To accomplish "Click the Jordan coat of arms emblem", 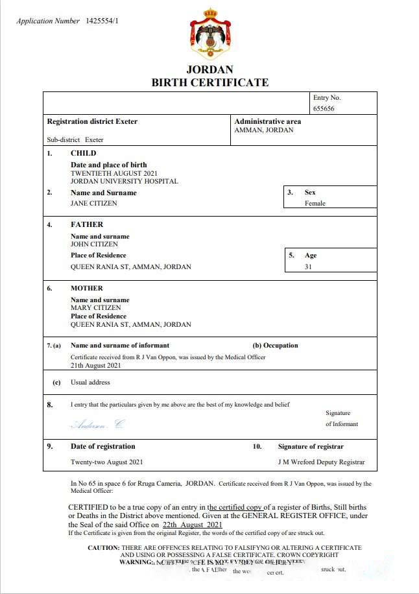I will pos(210,34).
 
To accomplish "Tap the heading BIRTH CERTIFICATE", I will pos(210,82).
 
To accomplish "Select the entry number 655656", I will pos(324,109).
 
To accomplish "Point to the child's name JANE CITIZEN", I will pos(94,204).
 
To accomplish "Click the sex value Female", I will pos(315,204).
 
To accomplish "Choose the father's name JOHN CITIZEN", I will pos(94,244).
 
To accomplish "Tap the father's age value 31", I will pos(309,267).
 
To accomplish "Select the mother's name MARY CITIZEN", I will pos(95,308).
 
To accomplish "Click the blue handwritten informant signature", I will pos(97,425).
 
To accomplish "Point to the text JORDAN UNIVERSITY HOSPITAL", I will pos(124,182).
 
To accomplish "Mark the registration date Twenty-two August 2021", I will pos(106,462).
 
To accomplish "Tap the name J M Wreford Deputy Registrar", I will pos(321,462).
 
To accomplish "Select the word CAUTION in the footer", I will pos(104,548).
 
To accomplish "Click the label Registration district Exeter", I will pos(92,121).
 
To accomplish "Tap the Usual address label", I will pos(90,383).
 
